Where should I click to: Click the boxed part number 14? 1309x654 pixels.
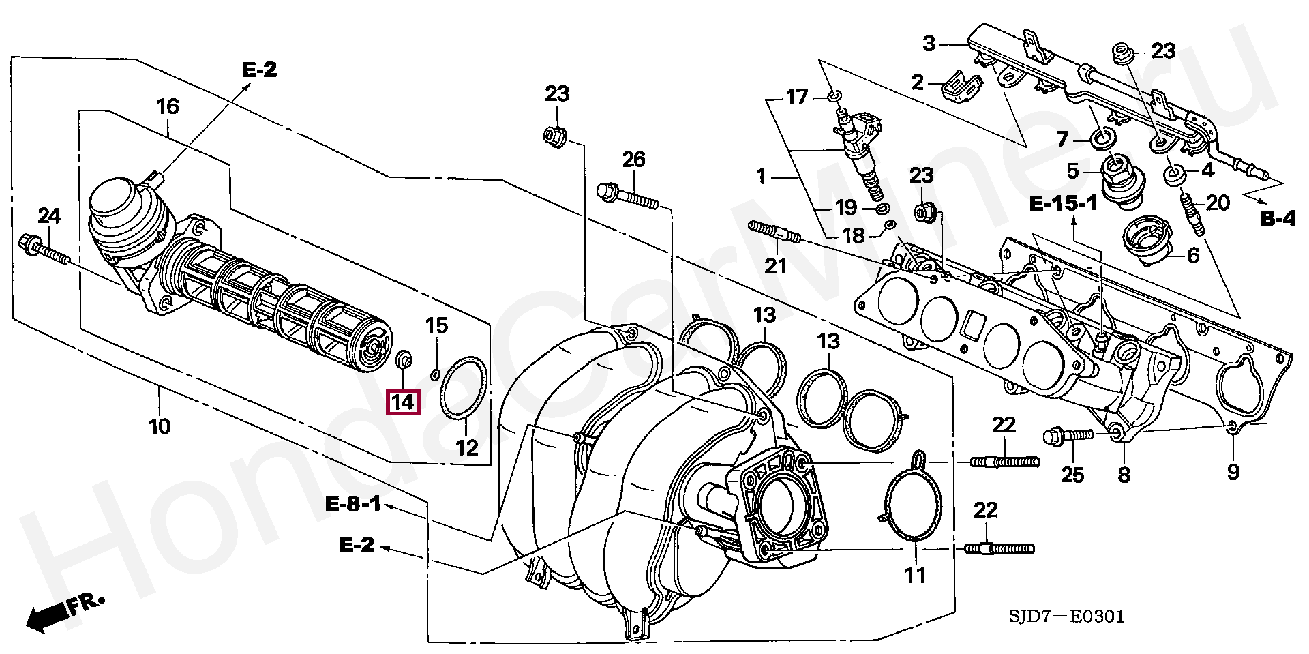coord(402,402)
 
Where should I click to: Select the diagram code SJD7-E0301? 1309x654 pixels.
coord(1066,616)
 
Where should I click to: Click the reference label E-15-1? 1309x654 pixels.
coord(1063,203)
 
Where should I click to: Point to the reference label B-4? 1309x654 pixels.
coord(1277,218)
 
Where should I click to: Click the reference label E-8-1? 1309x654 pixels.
coord(353,505)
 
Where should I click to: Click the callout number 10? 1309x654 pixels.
coord(160,427)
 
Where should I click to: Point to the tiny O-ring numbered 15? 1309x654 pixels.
coord(435,374)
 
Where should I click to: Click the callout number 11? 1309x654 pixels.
coord(915,576)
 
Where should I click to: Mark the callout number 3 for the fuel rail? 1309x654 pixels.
coord(929,44)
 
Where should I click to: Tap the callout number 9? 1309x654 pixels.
coord(1233,473)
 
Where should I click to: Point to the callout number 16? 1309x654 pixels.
coord(168,106)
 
